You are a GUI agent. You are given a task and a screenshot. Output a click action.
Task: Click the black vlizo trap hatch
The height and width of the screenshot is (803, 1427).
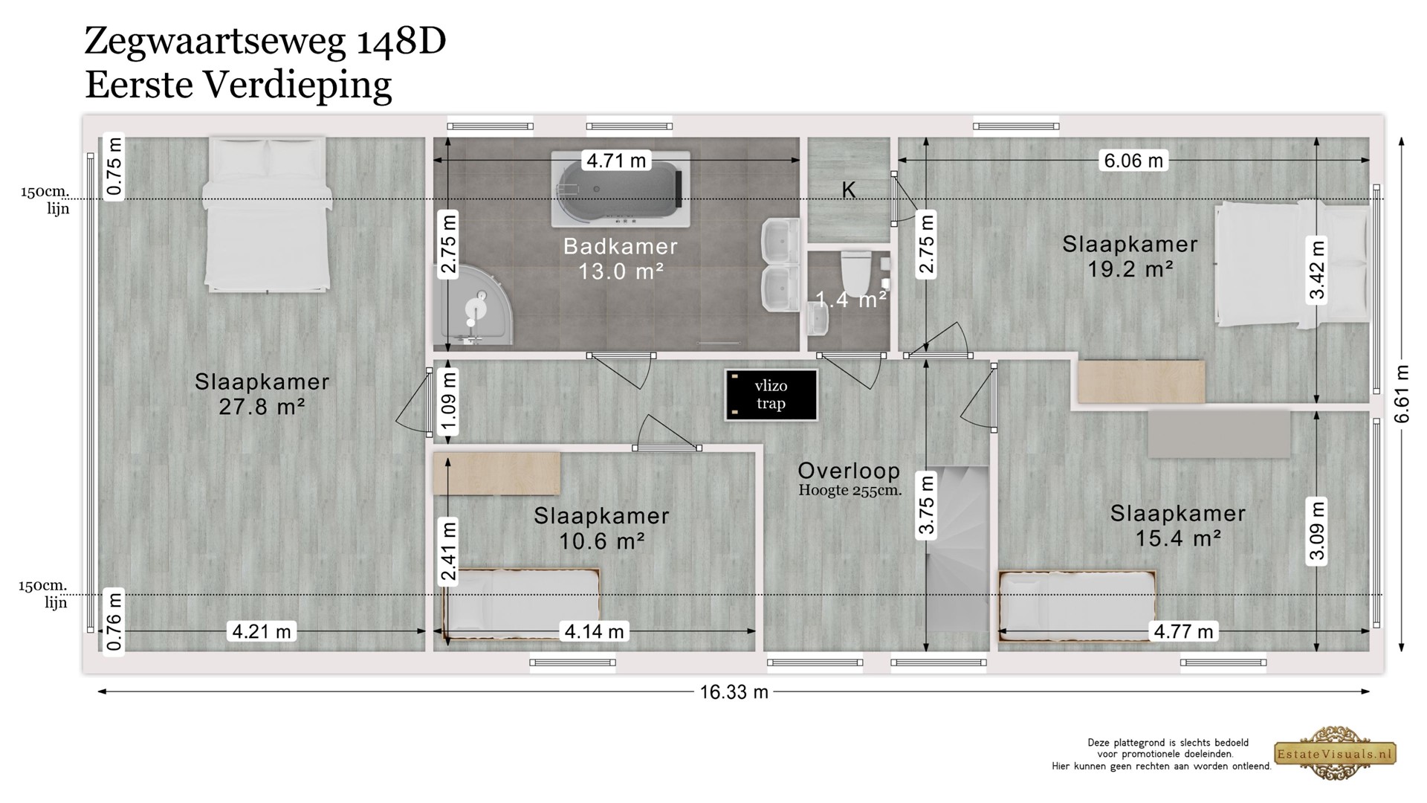[771, 395]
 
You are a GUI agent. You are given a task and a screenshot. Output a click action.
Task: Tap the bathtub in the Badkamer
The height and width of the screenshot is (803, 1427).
[621, 190]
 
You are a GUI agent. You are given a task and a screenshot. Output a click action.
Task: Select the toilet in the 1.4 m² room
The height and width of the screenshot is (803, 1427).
[855, 273]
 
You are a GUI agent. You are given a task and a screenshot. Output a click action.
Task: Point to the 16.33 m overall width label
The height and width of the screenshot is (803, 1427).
[734, 692]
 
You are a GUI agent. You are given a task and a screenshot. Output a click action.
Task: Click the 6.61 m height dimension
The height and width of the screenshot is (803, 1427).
[1402, 394]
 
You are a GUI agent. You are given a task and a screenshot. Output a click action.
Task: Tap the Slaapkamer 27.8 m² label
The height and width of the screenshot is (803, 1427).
[262, 394]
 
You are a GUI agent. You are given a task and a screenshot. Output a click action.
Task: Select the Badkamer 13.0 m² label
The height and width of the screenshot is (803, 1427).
[621, 259]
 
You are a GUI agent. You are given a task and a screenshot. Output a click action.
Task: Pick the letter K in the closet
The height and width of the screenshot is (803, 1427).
[848, 190]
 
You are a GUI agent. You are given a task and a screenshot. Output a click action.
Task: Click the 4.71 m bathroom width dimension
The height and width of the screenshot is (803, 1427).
[616, 160]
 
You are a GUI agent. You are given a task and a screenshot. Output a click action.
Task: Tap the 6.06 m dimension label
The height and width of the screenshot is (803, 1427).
[1133, 160]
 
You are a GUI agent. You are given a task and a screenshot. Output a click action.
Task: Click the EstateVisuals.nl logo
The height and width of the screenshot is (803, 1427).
[1336, 754]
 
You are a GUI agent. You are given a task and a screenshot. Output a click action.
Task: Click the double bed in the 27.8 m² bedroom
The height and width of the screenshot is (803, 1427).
[267, 214]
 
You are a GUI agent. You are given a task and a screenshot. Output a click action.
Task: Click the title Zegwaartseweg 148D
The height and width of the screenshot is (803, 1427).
[265, 41]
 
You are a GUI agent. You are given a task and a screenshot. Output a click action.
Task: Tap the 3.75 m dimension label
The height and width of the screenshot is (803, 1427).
[926, 506]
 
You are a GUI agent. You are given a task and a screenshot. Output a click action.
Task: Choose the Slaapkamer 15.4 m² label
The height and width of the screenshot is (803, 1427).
[1178, 526]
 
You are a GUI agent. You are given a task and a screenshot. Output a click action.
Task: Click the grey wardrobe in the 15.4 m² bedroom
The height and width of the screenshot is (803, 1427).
[1219, 433]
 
